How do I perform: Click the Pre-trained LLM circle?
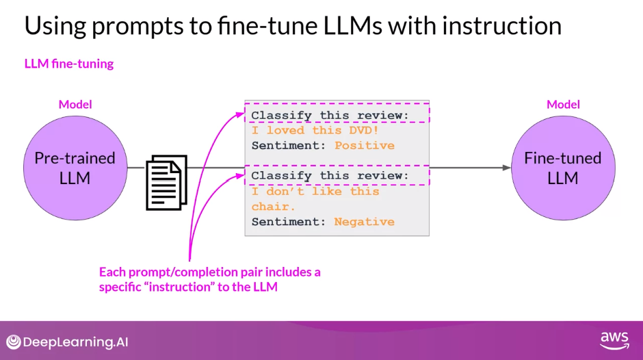(x=75, y=168)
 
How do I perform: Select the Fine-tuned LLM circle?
(x=563, y=168)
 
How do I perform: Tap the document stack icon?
(x=166, y=182)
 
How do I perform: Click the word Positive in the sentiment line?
(x=364, y=145)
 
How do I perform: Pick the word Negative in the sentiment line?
(x=364, y=222)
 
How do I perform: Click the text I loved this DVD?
(x=315, y=130)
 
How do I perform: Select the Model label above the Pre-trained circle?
(x=75, y=105)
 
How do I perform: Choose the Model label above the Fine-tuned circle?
(x=563, y=105)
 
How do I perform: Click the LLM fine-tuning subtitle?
(x=69, y=64)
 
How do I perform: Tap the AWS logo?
(x=614, y=340)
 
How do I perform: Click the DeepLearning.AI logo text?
(x=75, y=342)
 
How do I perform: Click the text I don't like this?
(x=315, y=192)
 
